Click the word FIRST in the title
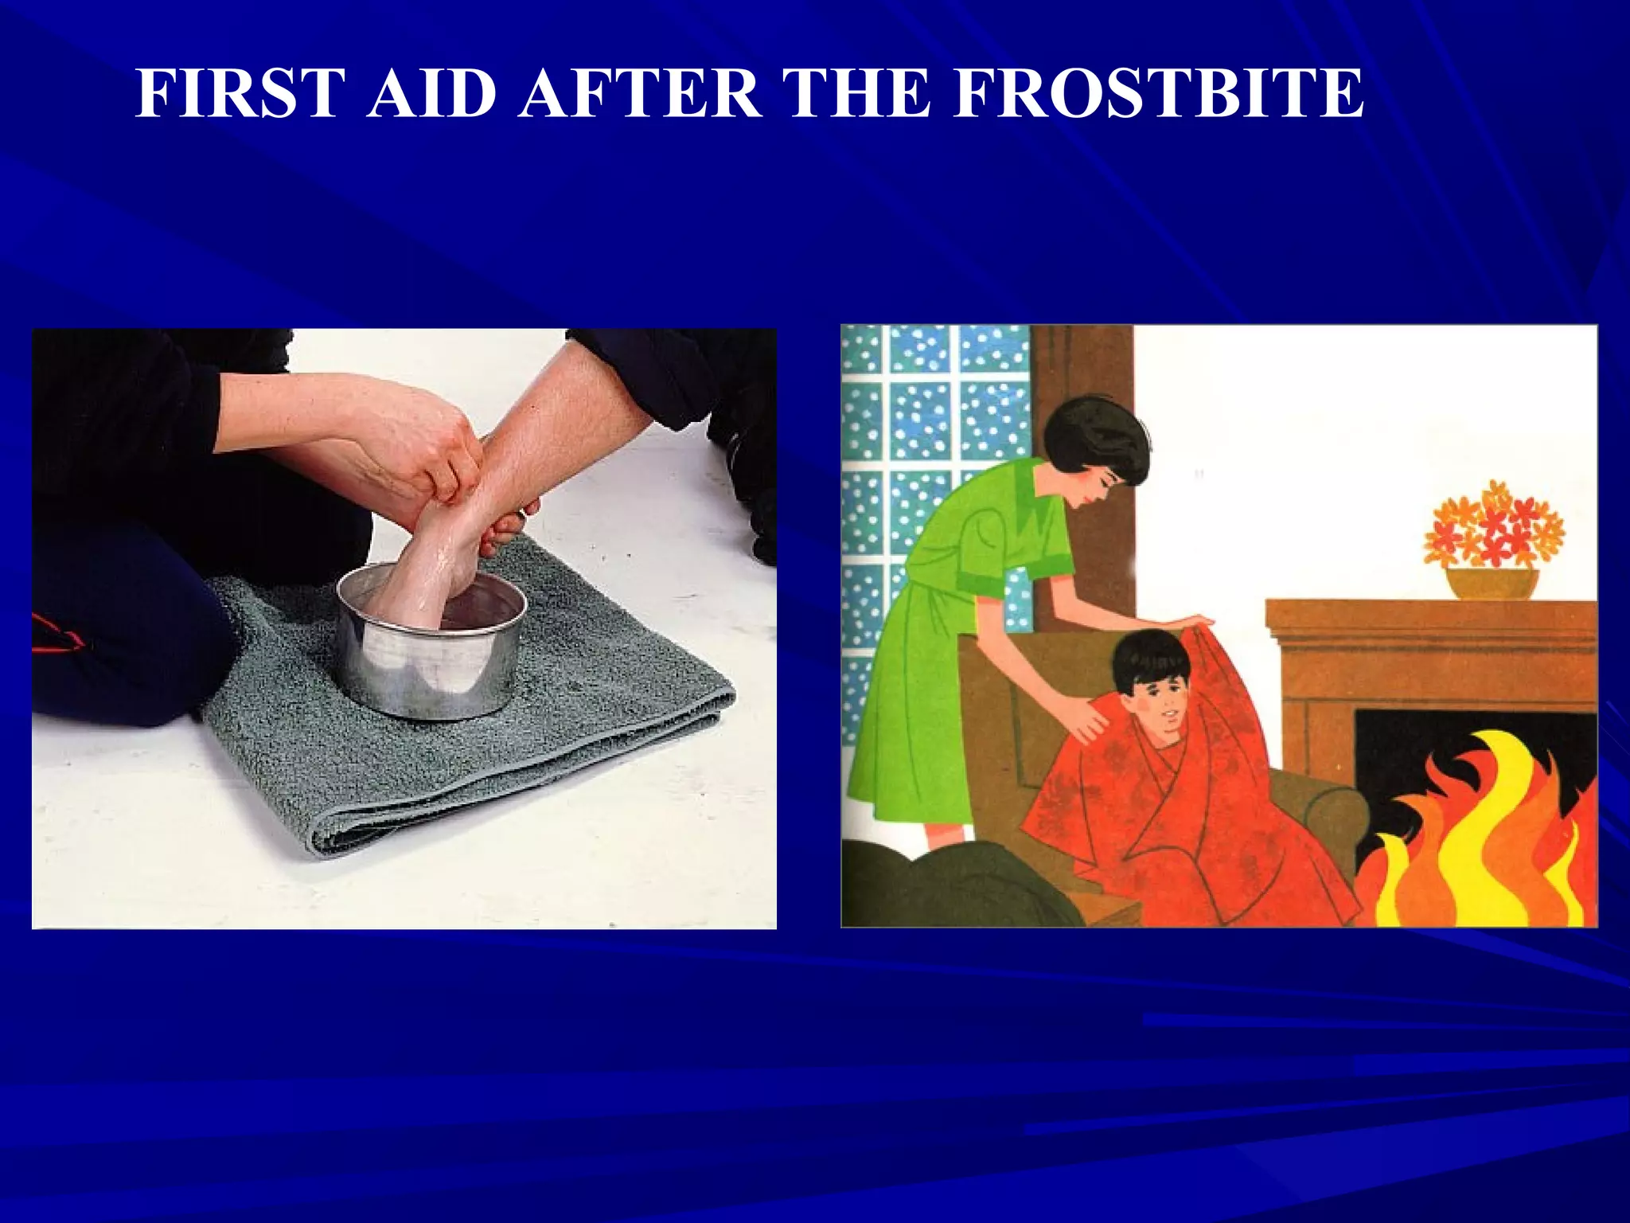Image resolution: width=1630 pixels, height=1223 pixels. click(236, 94)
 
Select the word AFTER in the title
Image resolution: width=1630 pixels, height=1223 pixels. click(639, 94)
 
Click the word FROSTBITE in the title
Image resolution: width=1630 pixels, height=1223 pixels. click(1158, 94)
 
